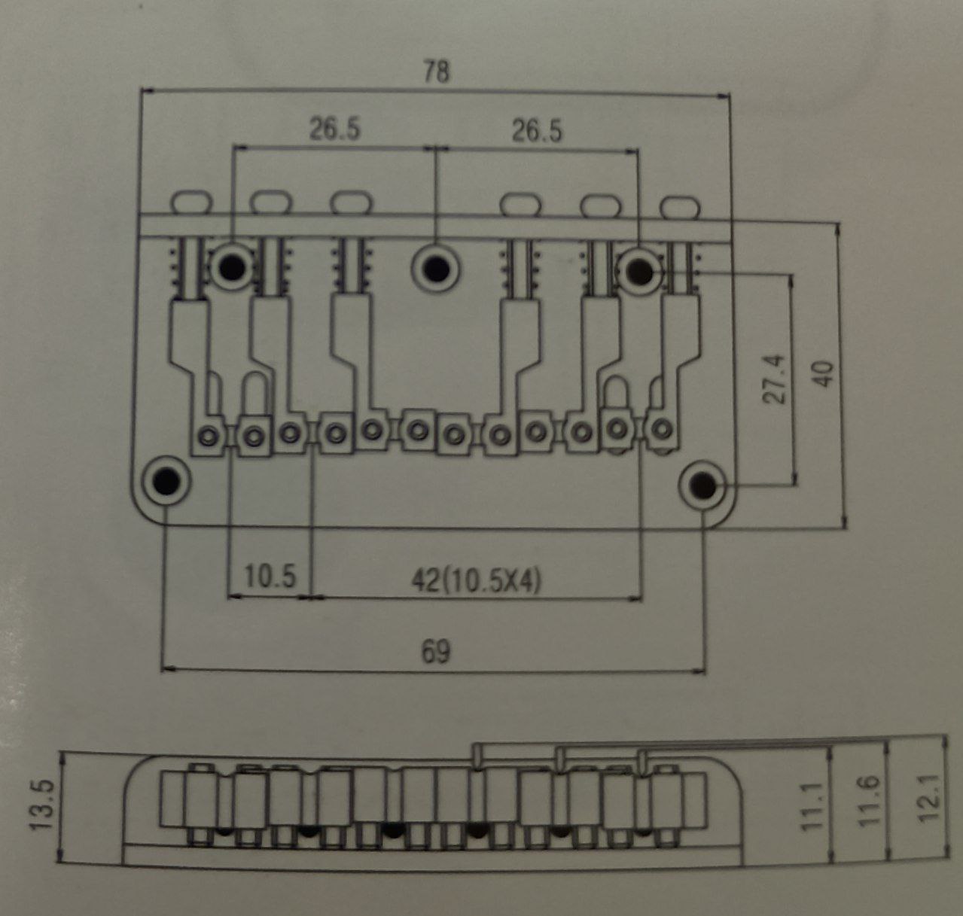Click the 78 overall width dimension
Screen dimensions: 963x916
point(436,72)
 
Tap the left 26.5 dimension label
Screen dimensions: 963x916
point(334,129)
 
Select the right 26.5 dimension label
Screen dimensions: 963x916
point(538,131)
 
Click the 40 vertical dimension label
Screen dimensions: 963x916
point(823,374)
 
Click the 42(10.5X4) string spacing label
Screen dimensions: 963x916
point(476,582)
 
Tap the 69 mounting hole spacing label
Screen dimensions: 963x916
point(436,652)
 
